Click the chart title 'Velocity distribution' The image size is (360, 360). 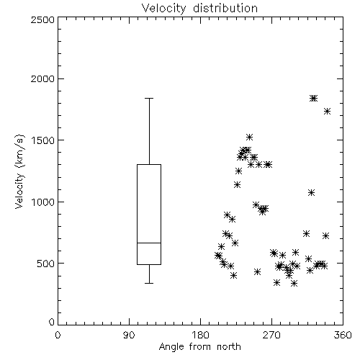coord(199,8)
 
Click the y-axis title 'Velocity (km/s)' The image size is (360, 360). coord(19,171)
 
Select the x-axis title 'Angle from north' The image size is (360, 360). coord(199,347)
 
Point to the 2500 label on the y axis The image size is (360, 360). coord(42,19)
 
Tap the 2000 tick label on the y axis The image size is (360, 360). coord(42,79)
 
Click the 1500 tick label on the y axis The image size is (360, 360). coord(42,140)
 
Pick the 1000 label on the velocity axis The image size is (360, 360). coord(42,202)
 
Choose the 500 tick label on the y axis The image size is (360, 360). coord(45,264)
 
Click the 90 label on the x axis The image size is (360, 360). coord(129,335)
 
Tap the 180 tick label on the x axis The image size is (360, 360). coord(200,335)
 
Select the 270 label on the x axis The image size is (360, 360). coord(271,335)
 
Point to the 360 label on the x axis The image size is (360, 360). coord(343,335)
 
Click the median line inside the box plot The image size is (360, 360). coord(149,243)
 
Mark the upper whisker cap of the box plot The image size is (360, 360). coord(149,98)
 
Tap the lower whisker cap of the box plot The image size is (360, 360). coord(149,283)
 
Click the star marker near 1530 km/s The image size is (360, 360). coord(250,138)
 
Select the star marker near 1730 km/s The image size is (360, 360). coord(327,112)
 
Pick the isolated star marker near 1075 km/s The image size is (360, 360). coord(311,193)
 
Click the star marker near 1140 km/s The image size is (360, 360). coord(237,185)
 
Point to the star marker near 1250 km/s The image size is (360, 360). coord(238,171)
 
